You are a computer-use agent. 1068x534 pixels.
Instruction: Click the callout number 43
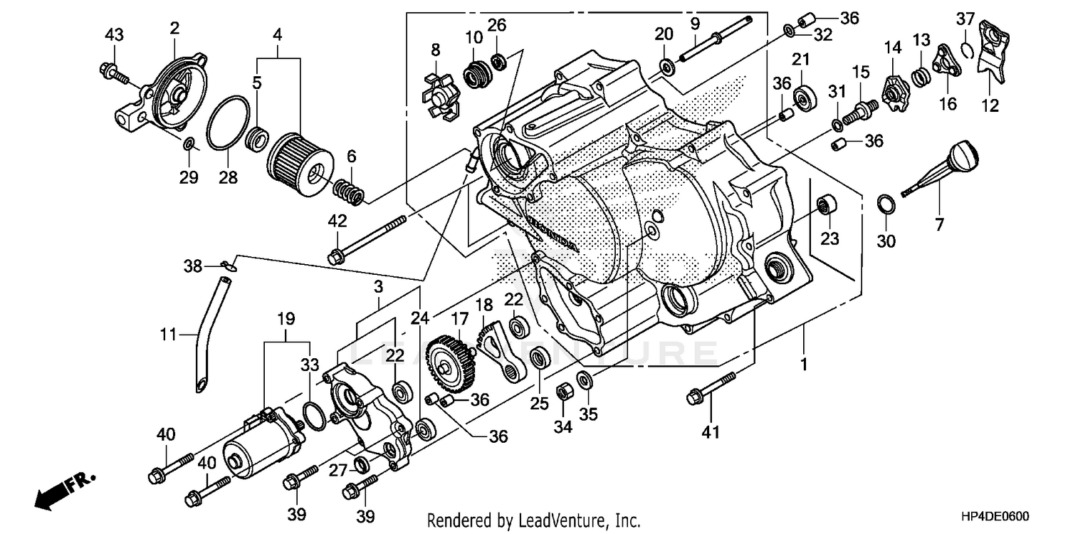[114, 34]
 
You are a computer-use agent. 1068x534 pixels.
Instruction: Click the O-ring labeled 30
[885, 203]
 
